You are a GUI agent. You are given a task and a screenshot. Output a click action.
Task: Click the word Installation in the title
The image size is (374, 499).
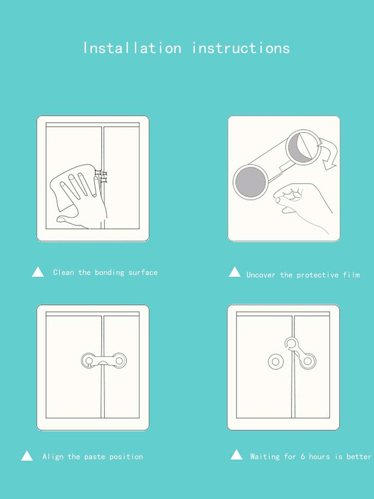(x=132, y=48)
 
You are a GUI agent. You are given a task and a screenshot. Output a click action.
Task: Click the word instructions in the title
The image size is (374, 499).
(x=241, y=48)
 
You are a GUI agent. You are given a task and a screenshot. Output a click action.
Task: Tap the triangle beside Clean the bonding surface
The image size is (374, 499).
(x=38, y=272)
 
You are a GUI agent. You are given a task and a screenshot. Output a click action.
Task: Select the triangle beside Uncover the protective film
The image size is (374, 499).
(x=235, y=272)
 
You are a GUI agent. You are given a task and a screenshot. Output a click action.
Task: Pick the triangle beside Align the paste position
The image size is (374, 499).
(x=27, y=456)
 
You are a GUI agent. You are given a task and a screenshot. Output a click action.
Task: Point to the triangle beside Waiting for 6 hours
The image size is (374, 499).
(x=236, y=455)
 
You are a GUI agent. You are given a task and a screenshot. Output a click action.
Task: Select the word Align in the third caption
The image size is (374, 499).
(x=53, y=457)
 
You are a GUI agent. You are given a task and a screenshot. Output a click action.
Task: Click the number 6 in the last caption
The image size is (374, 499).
(x=303, y=457)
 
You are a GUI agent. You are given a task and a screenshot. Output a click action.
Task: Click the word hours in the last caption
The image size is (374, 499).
(x=319, y=457)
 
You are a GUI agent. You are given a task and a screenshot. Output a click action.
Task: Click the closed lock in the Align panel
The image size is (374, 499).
(x=104, y=361)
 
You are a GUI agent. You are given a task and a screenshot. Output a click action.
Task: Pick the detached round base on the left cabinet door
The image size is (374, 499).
(x=275, y=362)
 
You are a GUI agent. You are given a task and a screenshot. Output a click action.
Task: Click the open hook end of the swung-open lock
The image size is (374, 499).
(x=291, y=343)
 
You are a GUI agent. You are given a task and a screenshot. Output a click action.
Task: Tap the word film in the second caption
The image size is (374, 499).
(x=351, y=275)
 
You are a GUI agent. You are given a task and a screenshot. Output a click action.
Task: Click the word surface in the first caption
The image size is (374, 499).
(x=143, y=272)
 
